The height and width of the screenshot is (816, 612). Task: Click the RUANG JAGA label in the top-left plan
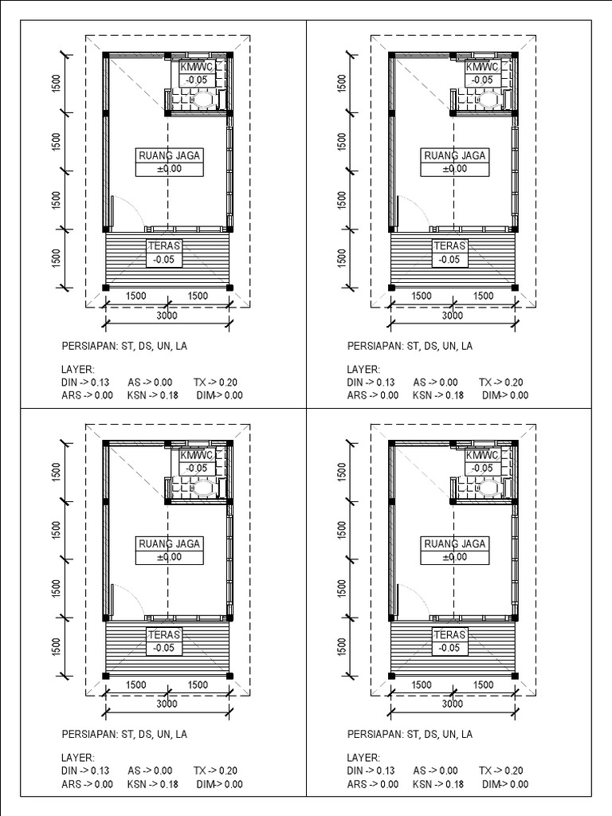169,156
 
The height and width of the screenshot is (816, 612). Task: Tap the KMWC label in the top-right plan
481,68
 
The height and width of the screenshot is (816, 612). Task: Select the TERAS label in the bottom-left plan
165,635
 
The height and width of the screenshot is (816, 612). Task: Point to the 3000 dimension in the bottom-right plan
453,704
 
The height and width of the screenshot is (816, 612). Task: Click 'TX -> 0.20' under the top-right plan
501,382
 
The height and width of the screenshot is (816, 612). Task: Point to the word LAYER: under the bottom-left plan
78,759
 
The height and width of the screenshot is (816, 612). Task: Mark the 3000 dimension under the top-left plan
167,316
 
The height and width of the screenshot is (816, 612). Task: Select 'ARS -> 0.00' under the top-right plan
373,395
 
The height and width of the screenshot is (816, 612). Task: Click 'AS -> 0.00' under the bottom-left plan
150,771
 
